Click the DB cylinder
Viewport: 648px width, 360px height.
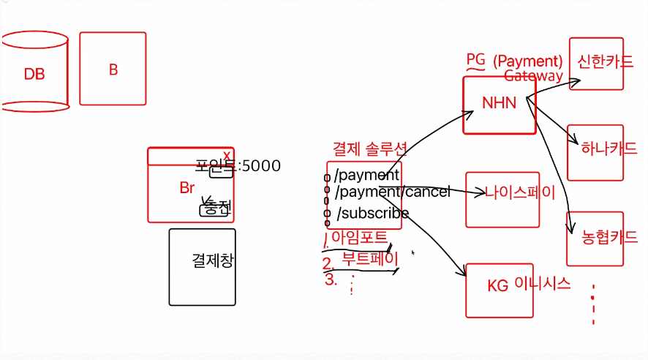[x=34, y=73]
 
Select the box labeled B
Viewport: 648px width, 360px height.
[x=113, y=70]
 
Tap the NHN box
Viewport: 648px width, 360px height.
[x=500, y=104]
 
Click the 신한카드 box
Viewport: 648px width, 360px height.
[x=596, y=63]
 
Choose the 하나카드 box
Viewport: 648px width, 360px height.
[x=595, y=151]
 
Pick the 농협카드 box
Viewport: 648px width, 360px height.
[x=595, y=238]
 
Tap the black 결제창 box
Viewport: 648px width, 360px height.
[x=203, y=266]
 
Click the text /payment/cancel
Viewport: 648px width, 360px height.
[x=393, y=192]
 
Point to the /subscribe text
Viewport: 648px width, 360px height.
[x=372, y=213]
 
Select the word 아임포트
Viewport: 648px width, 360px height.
[x=359, y=236]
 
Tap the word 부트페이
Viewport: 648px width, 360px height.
[x=370, y=258]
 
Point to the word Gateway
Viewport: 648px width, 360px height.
[x=533, y=75]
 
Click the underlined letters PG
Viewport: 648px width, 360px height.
[x=475, y=59]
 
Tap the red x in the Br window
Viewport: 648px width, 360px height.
[x=227, y=155]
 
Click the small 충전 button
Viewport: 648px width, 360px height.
[x=215, y=209]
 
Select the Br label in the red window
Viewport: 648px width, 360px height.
[x=187, y=188]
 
